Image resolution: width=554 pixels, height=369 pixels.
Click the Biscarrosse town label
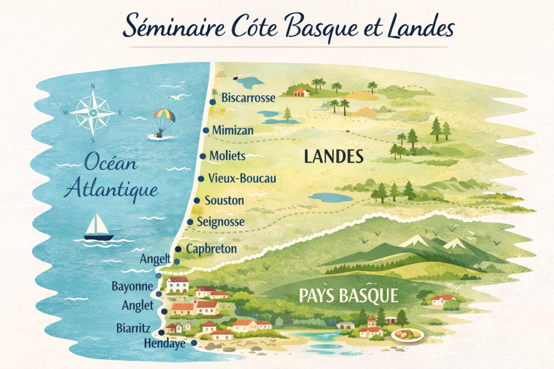point(248,98)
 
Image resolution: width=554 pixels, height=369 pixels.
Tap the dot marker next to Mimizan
point(206,130)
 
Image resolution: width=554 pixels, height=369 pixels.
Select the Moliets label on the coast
point(227,156)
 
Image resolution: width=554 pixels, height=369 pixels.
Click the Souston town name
point(224,200)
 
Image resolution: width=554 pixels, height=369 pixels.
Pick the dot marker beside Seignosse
point(190,222)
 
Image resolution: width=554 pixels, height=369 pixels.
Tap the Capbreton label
point(212,249)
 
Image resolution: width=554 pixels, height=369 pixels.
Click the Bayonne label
point(132,286)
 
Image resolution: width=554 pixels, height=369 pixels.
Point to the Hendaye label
point(165,343)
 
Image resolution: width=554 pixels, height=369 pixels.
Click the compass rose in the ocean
point(93,112)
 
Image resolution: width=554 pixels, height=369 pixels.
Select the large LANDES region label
point(333,157)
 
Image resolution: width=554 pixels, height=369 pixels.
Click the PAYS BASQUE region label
point(348,296)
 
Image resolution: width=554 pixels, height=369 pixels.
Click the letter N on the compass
point(93,86)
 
